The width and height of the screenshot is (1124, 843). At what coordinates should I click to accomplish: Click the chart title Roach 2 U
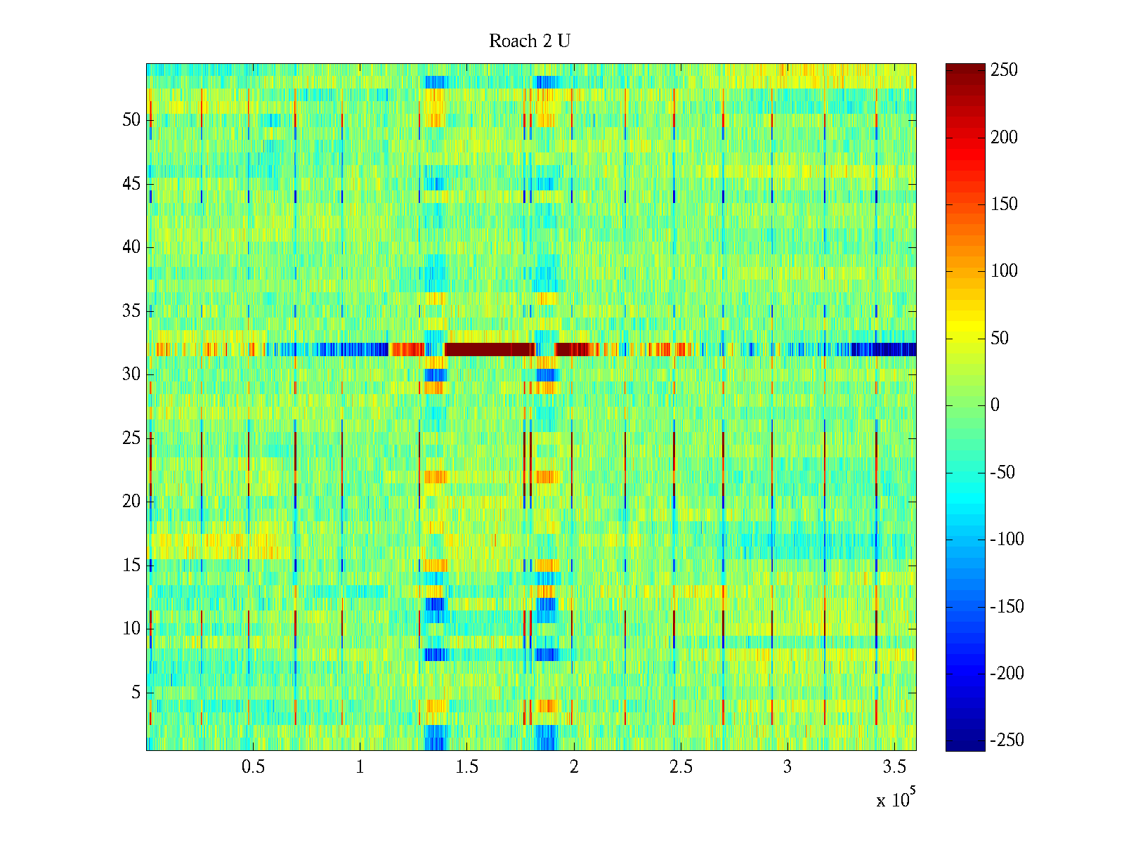pyautogui.click(x=530, y=41)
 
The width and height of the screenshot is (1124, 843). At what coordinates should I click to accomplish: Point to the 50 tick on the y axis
pyautogui.click(x=131, y=120)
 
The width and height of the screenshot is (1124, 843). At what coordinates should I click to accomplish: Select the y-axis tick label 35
pyautogui.click(x=131, y=311)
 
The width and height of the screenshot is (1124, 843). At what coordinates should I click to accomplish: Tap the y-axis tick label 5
pyautogui.click(x=136, y=693)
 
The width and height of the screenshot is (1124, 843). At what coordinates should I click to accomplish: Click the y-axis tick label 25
pyautogui.click(x=131, y=438)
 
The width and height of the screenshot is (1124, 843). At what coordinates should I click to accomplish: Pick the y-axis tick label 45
pyautogui.click(x=131, y=184)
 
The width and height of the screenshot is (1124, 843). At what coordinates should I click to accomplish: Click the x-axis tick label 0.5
pyautogui.click(x=253, y=767)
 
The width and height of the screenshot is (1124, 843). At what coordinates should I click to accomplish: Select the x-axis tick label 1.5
pyautogui.click(x=467, y=767)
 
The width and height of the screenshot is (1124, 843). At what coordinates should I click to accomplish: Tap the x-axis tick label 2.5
pyautogui.click(x=681, y=767)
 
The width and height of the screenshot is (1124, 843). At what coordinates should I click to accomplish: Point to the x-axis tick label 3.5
pyautogui.click(x=894, y=767)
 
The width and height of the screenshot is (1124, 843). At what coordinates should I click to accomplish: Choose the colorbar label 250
pyautogui.click(x=1004, y=70)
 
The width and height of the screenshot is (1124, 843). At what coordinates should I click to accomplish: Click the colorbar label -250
pyautogui.click(x=1007, y=740)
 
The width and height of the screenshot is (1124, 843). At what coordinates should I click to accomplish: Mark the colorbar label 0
pyautogui.click(x=995, y=405)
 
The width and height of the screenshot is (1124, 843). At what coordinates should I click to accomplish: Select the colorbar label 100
pyautogui.click(x=1004, y=271)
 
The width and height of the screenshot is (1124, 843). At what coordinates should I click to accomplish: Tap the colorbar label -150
pyautogui.click(x=1007, y=606)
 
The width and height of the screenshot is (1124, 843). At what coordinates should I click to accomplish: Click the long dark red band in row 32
pyautogui.click(x=490, y=349)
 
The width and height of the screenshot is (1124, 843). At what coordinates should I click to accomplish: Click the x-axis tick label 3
pyautogui.click(x=788, y=767)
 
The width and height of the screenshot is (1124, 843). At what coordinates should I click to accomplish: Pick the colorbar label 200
pyautogui.click(x=1004, y=137)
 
